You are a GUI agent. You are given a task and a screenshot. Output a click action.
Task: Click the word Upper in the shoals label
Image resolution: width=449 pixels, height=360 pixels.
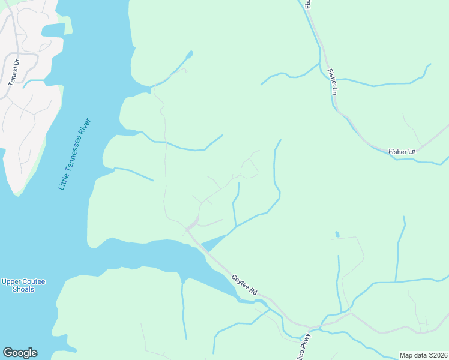pyautogui.click(x=11, y=281)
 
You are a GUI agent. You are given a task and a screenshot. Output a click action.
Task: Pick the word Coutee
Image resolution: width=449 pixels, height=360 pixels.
pyautogui.click(x=34, y=281)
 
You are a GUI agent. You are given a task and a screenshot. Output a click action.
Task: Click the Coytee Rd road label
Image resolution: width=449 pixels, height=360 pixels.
pyautogui.click(x=244, y=284)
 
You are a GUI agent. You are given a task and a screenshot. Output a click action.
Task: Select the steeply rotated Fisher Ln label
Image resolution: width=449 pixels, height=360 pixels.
pyautogui.click(x=332, y=83)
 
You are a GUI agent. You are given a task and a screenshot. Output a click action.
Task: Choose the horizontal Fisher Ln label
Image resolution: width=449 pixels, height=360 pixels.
pyautogui.click(x=402, y=152)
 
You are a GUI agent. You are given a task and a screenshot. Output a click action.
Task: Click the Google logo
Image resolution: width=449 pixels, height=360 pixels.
pyautogui.click(x=20, y=353)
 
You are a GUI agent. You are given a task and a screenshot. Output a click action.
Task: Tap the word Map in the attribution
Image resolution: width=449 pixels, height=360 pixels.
pyautogui.click(x=406, y=355)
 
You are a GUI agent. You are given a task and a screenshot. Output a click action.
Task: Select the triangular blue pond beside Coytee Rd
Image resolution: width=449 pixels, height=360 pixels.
pyautogui.click(x=213, y=242)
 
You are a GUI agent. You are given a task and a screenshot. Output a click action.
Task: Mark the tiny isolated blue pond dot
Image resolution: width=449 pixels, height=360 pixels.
pyautogui.click(x=337, y=234)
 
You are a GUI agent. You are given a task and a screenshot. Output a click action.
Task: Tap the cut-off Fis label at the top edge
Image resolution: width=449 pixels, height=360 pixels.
pyautogui.click(x=308, y=4)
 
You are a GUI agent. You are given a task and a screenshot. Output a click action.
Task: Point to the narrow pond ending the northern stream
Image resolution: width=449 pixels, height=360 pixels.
pyautogui.click(x=189, y=55)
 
